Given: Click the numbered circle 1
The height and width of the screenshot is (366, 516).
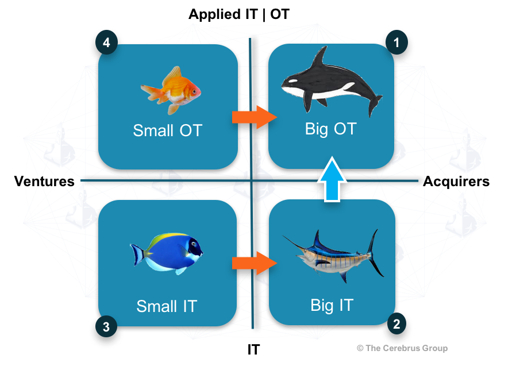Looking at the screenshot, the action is (x=396, y=42).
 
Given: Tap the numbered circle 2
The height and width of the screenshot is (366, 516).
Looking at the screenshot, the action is (x=396, y=324).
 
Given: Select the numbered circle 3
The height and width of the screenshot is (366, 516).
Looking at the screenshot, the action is (x=106, y=326).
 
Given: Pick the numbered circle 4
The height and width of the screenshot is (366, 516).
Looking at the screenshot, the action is (x=106, y=42).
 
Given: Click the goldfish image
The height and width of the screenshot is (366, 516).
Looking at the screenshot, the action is (x=171, y=90).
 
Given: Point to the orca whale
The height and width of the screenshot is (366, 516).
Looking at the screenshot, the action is (x=332, y=82).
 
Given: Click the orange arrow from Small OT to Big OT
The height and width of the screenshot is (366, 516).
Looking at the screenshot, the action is (x=255, y=117).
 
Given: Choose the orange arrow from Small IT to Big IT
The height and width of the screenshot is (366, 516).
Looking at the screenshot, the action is (x=255, y=263).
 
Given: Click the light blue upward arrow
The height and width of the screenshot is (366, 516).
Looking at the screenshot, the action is (x=332, y=179).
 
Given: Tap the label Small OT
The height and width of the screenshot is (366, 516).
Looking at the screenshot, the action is (x=168, y=130).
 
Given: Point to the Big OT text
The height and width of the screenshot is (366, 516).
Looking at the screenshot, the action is (x=331, y=129).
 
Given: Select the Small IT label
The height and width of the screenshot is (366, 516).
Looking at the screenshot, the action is (x=167, y=306).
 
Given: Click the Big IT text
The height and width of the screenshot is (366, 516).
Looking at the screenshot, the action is (x=332, y=305).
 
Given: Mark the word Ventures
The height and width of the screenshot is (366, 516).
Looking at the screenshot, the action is (x=44, y=182).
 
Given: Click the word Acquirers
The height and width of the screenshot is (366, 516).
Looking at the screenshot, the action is (x=456, y=182).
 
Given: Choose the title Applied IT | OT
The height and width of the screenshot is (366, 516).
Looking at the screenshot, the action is (x=239, y=14).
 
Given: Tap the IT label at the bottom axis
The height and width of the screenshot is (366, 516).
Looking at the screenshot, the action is (x=254, y=349).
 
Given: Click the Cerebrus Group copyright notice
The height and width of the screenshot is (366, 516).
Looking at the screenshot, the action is (x=402, y=348).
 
